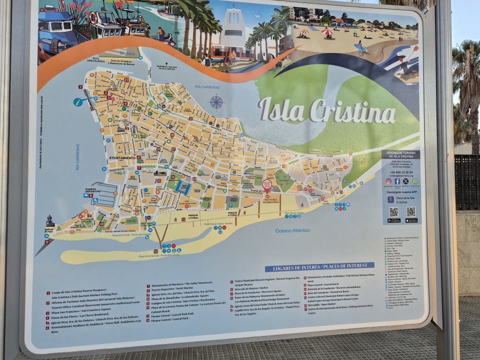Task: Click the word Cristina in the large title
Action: (353, 111)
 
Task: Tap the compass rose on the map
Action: (216, 102)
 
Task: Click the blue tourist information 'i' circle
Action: (77, 102)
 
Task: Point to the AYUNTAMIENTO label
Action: (122, 158)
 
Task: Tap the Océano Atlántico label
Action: (292, 230)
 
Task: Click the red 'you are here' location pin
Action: (266, 185)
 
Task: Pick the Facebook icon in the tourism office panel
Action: (397, 181)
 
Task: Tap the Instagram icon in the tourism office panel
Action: (389, 181)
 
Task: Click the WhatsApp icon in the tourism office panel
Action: (414, 181)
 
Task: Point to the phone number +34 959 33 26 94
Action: (401, 172)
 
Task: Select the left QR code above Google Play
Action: (394, 211)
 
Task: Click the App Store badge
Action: (411, 220)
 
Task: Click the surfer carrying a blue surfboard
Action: (360, 47)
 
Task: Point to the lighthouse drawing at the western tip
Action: (49, 221)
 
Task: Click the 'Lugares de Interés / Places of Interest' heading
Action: (319, 266)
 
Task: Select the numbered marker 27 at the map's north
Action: (126, 80)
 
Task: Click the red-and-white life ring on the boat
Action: (93, 18)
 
